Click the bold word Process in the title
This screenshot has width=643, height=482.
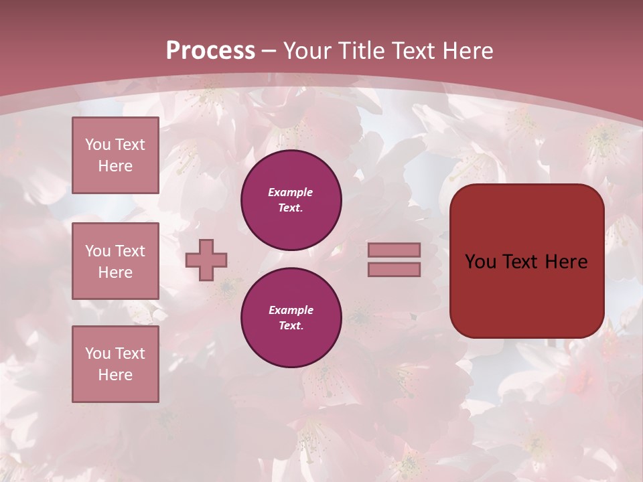tap(210, 51)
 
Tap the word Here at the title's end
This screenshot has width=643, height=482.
tap(464, 51)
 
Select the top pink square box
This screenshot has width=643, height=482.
tap(115, 155)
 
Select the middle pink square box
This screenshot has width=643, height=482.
tap(115, 261)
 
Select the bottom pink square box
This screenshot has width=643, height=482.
tap(115, 364)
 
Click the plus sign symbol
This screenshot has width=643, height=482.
tap(206, 260)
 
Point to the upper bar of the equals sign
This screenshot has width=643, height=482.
tap(394, 250)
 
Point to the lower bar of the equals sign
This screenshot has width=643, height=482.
tap(394, 269)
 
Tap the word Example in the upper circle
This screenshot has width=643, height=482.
tap(291, 192)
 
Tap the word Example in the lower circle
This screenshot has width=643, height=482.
tap(291, 310)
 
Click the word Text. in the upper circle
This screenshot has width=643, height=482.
tap(291, 208)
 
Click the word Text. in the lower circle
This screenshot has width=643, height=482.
tap(291, 325)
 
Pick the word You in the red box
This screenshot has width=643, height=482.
tap(482, 262)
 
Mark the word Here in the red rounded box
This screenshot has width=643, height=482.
tap(566, 262)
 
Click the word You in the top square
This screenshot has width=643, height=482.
tap(98, 145)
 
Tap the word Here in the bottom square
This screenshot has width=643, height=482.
tap(115, 375)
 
